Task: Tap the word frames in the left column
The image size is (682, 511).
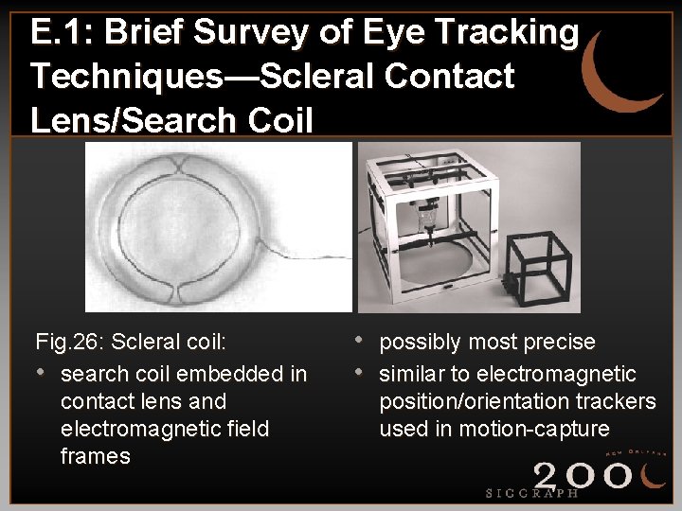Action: [x=95, y=456]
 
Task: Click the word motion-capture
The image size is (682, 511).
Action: [x=534, y=429]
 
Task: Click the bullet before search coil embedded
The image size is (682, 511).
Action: [x=42, y=372]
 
